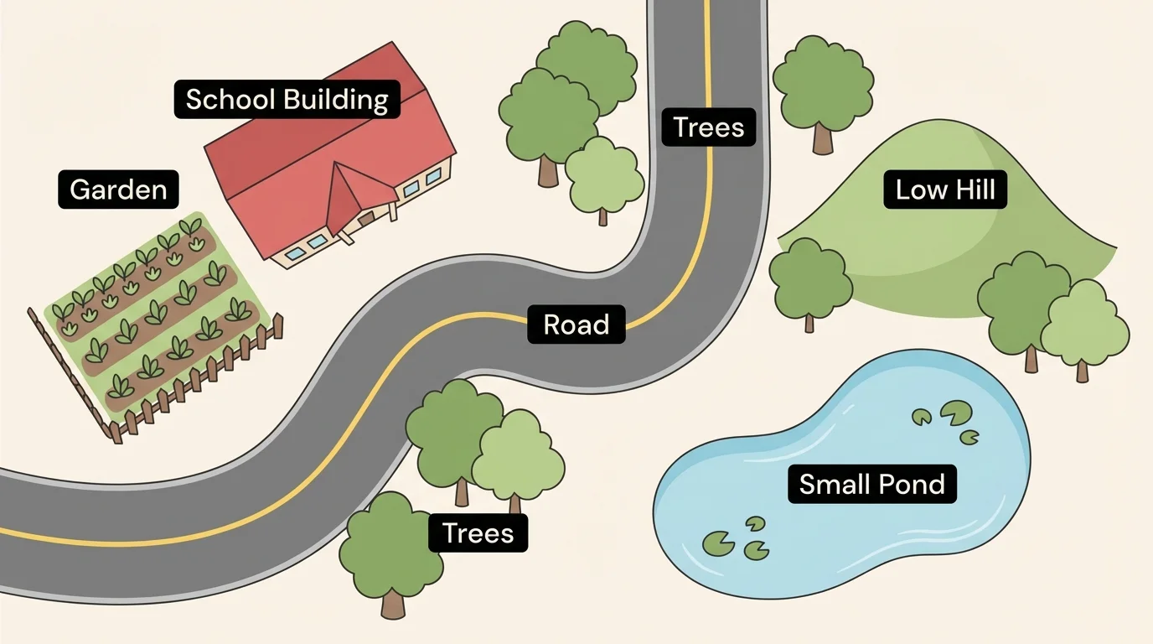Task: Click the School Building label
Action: point(287,99)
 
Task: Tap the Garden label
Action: point(118,190)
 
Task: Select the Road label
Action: point(576,324)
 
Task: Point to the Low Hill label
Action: point(945,190)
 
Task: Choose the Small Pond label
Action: point(871,484)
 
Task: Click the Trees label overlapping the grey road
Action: point(708,127)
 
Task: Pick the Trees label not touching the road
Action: point(478,532)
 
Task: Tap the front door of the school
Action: point(366,218)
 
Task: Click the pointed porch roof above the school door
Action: point(344,197)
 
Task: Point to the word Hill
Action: point(975,190)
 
